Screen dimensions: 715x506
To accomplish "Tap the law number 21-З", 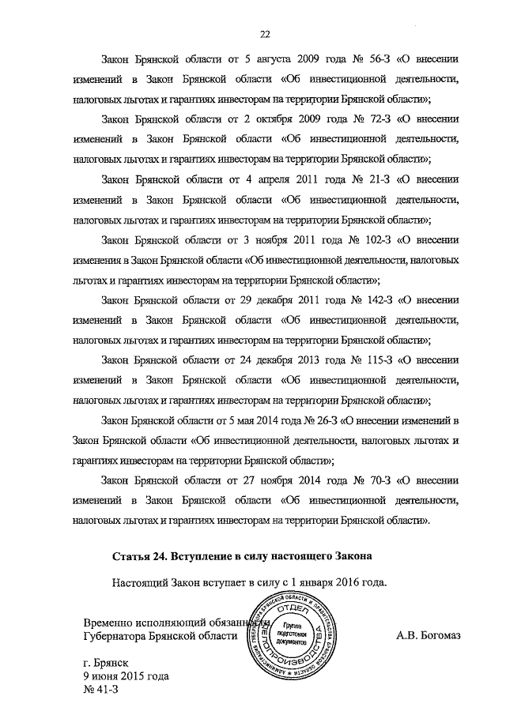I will [x=368, y=179].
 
